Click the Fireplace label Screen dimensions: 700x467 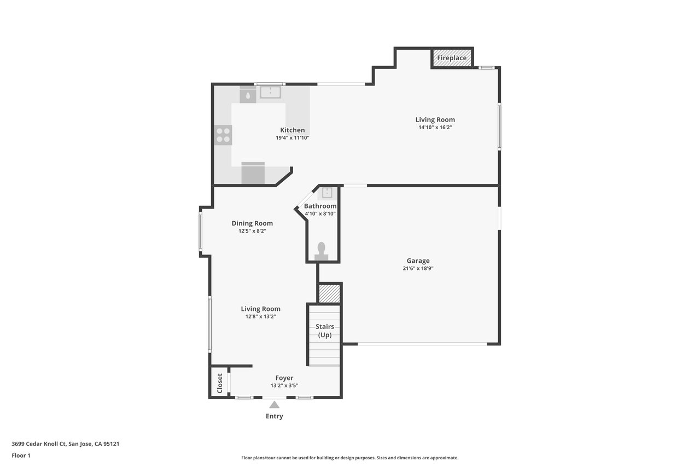(452, 58)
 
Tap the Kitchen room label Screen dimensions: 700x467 (292, 130)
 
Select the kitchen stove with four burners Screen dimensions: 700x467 (223, 135)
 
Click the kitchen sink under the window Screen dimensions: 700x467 (270, 93)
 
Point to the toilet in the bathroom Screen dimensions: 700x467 (321, 251)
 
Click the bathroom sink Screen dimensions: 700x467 (327, 193)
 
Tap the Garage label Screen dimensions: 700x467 (418, 261)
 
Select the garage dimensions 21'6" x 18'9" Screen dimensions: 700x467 (418, 268)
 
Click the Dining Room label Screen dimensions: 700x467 (252, 223)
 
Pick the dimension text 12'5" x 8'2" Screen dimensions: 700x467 (252, 231)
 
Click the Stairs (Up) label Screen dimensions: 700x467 (325, 331)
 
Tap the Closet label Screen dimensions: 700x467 (219, 383)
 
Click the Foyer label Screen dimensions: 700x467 (284, 378)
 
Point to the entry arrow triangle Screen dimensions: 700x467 (275, 405)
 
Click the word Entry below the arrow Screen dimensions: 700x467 (275, 416)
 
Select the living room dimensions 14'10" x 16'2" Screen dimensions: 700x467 (435, 128)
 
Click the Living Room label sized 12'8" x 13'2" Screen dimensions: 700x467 (261, 309)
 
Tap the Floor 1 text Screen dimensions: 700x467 (21, 456)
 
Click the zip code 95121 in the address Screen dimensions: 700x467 (111, 443)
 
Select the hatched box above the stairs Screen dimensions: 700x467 (329, 293)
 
